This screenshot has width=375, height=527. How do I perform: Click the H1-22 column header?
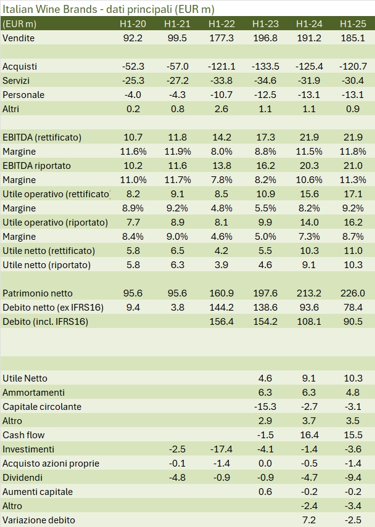[221, 24]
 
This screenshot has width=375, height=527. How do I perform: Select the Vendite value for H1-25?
[352, 38]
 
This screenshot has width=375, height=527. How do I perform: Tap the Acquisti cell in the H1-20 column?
[133, 67]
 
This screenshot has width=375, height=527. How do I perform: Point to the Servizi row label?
[16, 81]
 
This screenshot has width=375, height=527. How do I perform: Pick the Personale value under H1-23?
[266, 95]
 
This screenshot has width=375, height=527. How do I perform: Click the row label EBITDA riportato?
[36, 166]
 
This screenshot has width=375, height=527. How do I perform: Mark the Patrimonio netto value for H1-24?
[309, 293]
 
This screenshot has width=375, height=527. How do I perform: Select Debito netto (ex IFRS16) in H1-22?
[221, 308]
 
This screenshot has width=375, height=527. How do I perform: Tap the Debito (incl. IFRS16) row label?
[43, 322]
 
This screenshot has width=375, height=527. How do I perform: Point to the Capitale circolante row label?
[42, 407]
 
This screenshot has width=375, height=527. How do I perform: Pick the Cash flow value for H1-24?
[310, 435]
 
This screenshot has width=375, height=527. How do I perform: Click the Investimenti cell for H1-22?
[221, 449]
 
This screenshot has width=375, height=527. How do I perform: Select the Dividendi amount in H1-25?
[353, 478]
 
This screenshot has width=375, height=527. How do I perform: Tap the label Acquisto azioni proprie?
[51, 464]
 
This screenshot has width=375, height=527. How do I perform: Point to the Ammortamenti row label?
[33, 393]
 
